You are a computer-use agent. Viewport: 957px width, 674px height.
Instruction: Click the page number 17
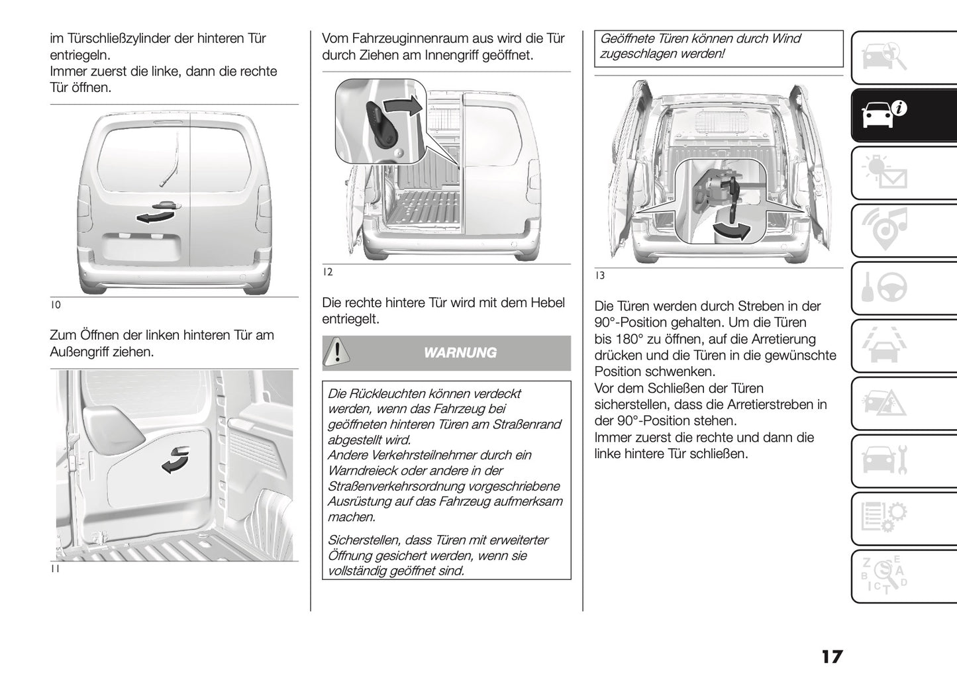832,656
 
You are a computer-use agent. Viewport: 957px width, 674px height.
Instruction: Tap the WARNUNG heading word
460,353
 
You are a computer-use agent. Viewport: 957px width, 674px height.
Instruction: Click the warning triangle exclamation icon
337,351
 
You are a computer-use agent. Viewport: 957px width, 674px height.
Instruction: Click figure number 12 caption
327,271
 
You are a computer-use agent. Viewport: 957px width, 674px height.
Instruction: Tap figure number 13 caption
599,275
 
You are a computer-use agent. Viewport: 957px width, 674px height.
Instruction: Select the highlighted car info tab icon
884,114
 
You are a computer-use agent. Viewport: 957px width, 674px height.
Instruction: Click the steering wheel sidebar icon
884,287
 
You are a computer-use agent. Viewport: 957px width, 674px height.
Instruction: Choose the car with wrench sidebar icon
884,460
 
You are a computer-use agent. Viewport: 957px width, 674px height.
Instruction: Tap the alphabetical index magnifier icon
884,575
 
